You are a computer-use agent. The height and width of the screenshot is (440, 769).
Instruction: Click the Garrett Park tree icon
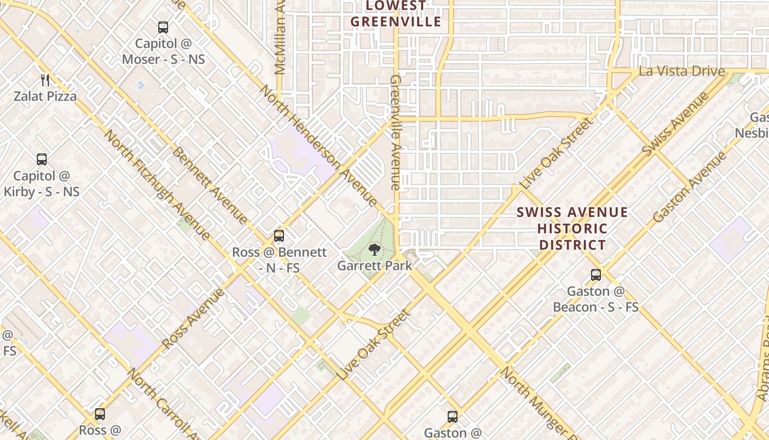374,250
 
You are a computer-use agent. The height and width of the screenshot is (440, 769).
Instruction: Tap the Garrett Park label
374,266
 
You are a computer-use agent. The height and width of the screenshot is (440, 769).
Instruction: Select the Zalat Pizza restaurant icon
45,80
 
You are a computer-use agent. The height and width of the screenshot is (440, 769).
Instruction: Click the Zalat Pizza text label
45,96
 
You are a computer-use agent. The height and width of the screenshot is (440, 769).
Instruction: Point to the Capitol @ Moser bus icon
163,28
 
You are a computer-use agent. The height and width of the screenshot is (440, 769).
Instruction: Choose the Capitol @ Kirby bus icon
42,159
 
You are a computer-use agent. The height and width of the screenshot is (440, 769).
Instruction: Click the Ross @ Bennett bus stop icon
279,236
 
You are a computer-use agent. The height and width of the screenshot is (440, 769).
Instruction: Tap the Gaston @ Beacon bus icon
596,274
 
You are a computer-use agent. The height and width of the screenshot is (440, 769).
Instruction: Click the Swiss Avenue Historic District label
572,228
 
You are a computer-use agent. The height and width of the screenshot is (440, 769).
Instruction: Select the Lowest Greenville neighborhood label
395,14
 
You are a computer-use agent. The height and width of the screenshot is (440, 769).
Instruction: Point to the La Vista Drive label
682,71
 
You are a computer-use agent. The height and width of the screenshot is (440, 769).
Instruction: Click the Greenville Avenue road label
396,133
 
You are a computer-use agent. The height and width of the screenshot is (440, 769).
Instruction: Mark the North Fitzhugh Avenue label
157,185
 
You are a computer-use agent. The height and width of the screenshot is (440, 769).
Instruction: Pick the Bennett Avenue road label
210,185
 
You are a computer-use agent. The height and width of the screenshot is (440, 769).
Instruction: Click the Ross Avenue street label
193,317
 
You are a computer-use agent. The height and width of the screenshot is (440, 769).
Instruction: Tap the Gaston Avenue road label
689,187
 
